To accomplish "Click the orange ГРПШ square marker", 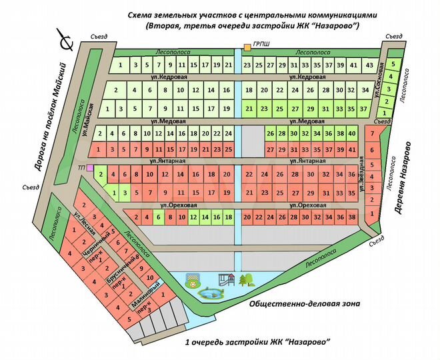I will pos(247,47).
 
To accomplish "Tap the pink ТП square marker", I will pos(90,167).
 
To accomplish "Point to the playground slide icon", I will pos(226,279).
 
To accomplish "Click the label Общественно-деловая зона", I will pos(304,304).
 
